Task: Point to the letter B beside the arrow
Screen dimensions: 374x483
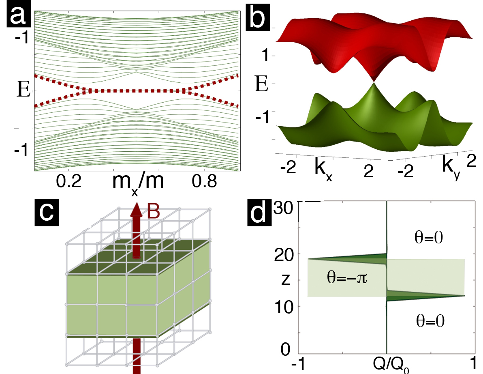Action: click(153, 212)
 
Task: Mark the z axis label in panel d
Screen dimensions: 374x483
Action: click(285, 280)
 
